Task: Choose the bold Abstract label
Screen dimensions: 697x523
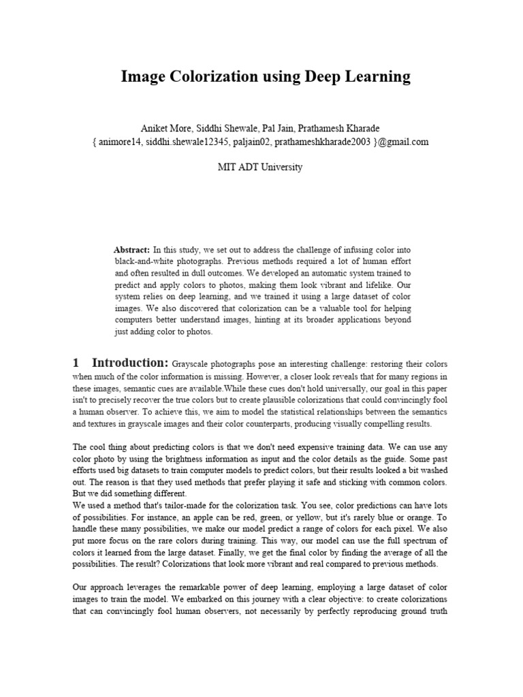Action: [132, 250]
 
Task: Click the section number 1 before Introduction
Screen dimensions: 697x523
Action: [77, 362]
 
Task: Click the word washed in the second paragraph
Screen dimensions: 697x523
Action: [432, 470]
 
